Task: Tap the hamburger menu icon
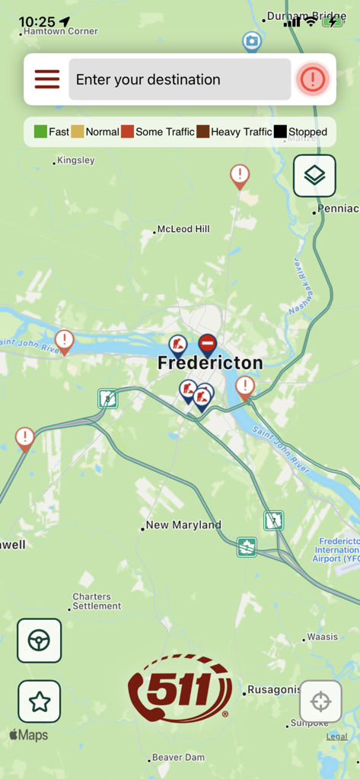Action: (x=46, y=79)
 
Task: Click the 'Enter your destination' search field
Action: (x=180, y=79)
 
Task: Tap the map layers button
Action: (x=314, y=176)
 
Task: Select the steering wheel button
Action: (x=40, y=641)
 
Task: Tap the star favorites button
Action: (x=40, y=701)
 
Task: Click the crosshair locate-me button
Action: (x=320, y=701)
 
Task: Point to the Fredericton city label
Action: (x=209, y=364)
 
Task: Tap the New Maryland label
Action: (x=183, y=525)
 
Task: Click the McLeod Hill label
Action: (x=183, y=229)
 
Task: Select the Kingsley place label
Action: (x=76, y=161)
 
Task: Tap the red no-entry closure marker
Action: (x=207, y=345)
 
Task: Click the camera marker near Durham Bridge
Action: (x=251, y=41)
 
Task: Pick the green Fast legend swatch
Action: (x=40, y=132)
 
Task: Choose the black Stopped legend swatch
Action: (x=280, y=132)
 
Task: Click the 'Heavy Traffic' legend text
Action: (x=241, y=132)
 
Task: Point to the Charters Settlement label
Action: (x=97, y=602)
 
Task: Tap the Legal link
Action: (x=336, y=736)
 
